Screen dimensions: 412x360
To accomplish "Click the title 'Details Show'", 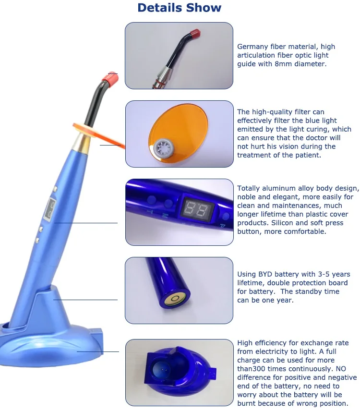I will pos(180,8).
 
